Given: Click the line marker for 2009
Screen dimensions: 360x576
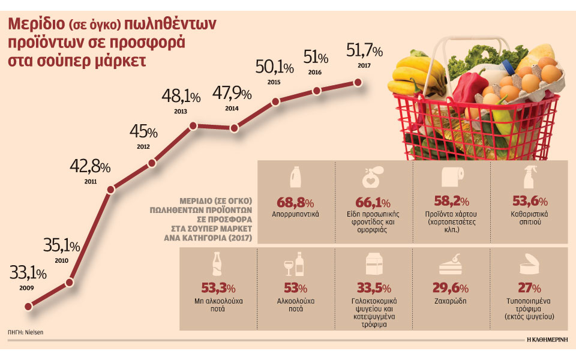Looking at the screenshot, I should coord(28,306).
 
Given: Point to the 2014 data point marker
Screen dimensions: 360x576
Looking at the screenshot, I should coord(234,127).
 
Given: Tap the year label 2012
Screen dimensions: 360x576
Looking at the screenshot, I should coord(143,145).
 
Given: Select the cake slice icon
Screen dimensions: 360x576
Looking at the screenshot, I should coord(451,264).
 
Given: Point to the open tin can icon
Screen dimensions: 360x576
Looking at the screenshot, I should coord(529,265).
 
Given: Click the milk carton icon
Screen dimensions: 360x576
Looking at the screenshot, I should coord(373,264).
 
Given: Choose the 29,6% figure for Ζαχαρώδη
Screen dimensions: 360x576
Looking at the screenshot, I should coord(451,287).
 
